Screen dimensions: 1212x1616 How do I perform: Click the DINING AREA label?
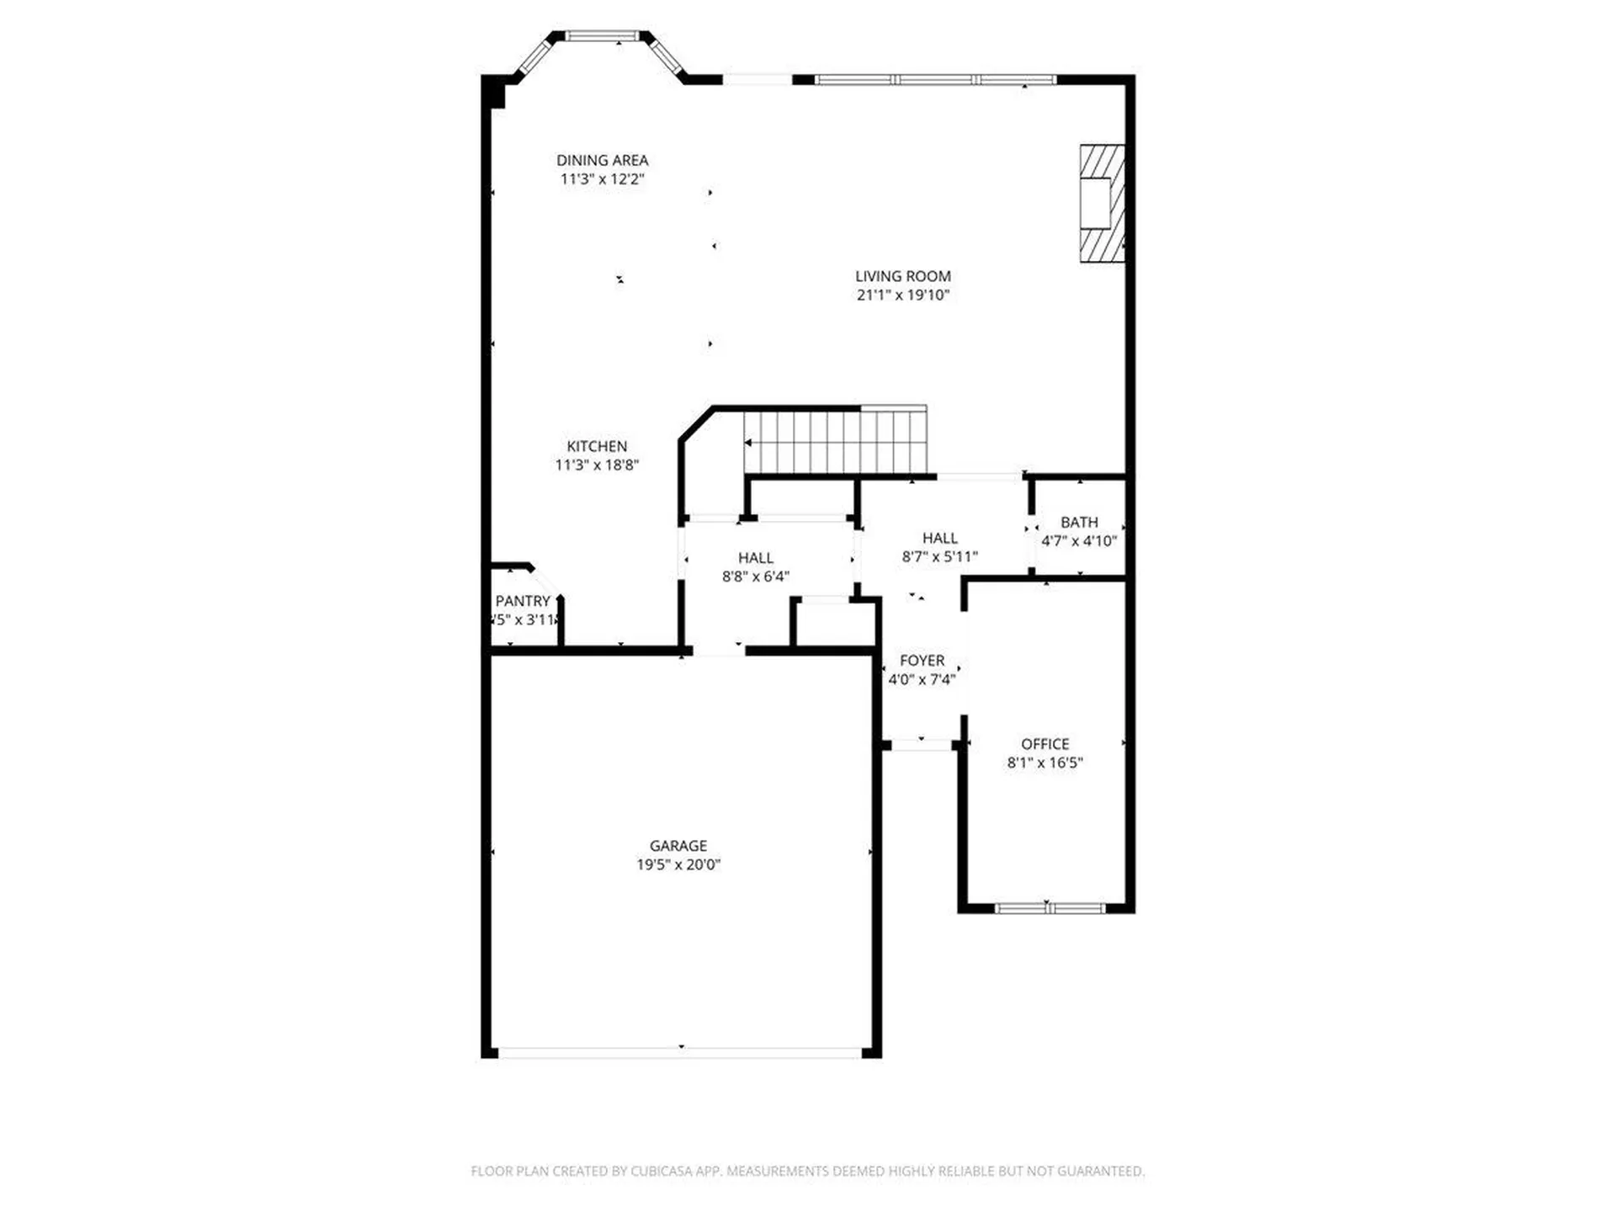(x=602, y=160)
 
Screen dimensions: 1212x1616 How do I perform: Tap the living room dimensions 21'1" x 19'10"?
(x=902, y=295)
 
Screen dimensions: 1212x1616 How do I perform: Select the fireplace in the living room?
(x=1101, y=204)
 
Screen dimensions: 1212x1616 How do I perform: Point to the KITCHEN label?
(x=596, y=446)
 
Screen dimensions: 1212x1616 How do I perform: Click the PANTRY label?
(x=522, y=601)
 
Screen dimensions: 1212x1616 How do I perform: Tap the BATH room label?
(x=1079, y=523)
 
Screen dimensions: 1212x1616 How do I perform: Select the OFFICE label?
(x=1045, y=744)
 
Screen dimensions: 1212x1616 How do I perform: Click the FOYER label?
(x=922, y=661)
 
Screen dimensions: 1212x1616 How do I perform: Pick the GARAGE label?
(x=678, y=846)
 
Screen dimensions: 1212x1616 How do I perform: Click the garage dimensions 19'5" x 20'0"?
(x=678, y=864)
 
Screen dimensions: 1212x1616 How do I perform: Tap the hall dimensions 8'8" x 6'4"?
(x=755, y=577)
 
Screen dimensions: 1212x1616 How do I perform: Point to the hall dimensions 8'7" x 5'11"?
(x=939, y=556)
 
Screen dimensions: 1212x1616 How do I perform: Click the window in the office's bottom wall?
(x=1049, y=908)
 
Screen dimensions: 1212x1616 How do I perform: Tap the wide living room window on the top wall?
(x=934, y=80)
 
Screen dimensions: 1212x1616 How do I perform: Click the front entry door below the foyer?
(x=921, y=745)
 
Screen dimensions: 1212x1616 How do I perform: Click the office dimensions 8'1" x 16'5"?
(x=1045, y=763)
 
